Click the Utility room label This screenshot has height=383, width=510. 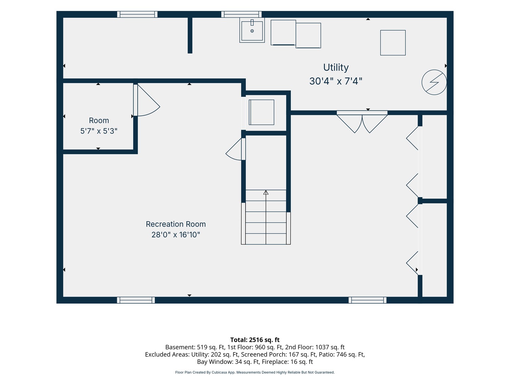click(336, 67)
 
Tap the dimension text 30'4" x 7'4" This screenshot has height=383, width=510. click(336, 81)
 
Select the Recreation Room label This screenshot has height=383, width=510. click(176, 224)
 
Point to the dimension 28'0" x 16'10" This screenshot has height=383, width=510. click(176, 235)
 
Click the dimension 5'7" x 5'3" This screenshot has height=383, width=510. click(99, 131)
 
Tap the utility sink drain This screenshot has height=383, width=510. click(252, 31)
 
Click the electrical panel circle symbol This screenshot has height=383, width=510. click(434, 82)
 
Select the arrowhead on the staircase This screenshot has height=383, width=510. click(266, 192)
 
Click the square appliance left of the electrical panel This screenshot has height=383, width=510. click(393, 43)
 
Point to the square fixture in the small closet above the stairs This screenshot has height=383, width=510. click(261, 112)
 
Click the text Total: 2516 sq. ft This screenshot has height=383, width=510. click(255, 340)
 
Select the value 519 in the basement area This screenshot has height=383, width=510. click(202, 347)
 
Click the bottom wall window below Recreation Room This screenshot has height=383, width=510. click(136, 300)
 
